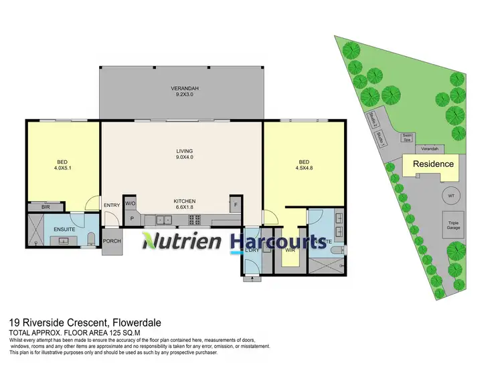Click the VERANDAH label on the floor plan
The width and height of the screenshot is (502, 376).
tap(181, 88)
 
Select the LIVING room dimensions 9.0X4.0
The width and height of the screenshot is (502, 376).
tap(181, 158)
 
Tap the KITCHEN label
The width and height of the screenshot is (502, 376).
tap(184, 200)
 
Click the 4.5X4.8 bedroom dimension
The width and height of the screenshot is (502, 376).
tap(304, 168)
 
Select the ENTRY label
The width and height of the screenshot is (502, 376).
tap(110, 205)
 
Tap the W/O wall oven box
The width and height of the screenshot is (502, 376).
tap(131, 204)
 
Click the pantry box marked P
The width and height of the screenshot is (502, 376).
tap(131, 218)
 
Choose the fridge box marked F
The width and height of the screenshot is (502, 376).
tap(235, 204)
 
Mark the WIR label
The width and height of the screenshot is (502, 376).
tap(290, 251)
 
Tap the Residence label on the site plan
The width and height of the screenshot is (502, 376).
tap(432, 164)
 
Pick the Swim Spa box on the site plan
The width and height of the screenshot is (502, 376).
tap(406, 138)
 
